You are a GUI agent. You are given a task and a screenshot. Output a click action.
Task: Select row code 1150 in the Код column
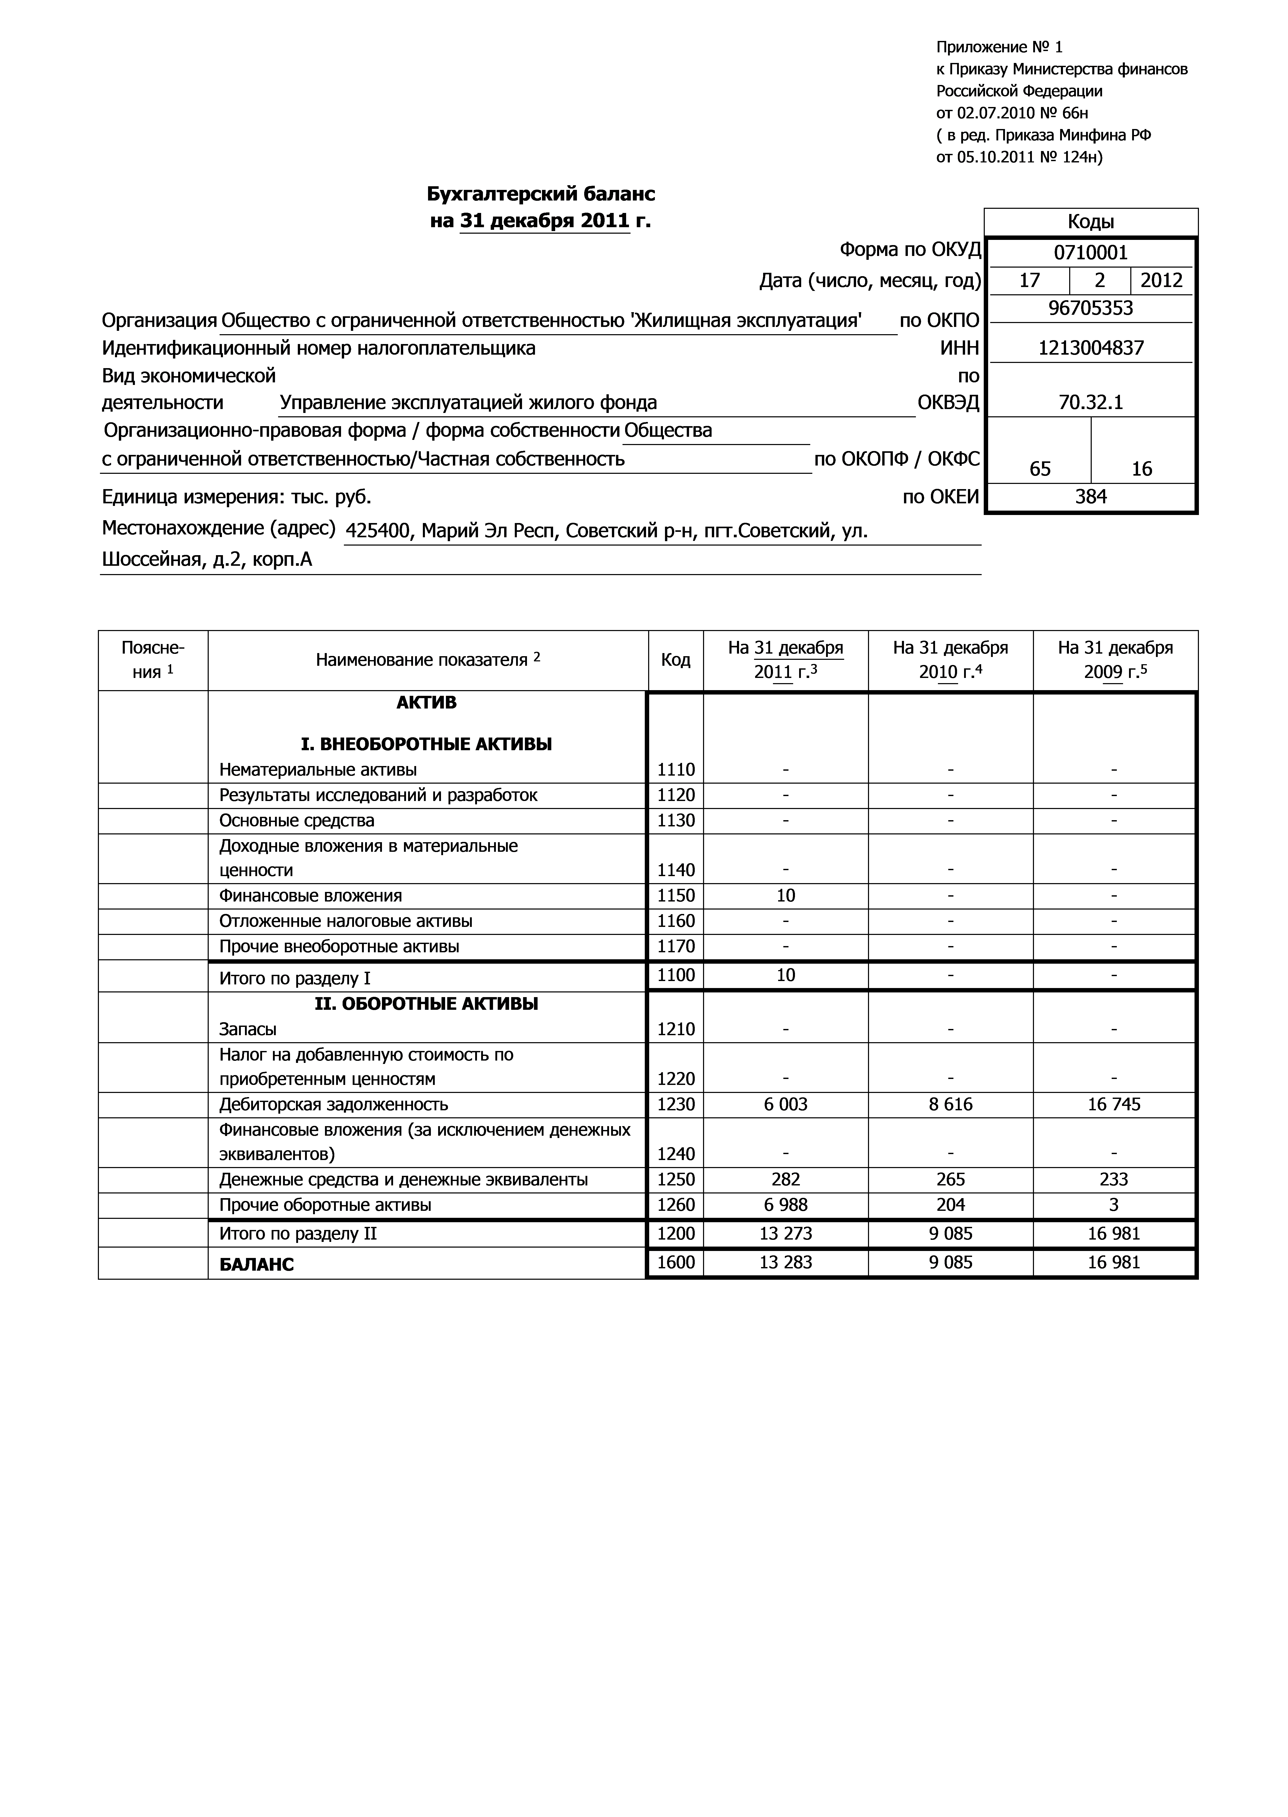click(676, 896)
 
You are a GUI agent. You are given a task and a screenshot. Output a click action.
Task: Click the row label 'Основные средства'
click(296, 820)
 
